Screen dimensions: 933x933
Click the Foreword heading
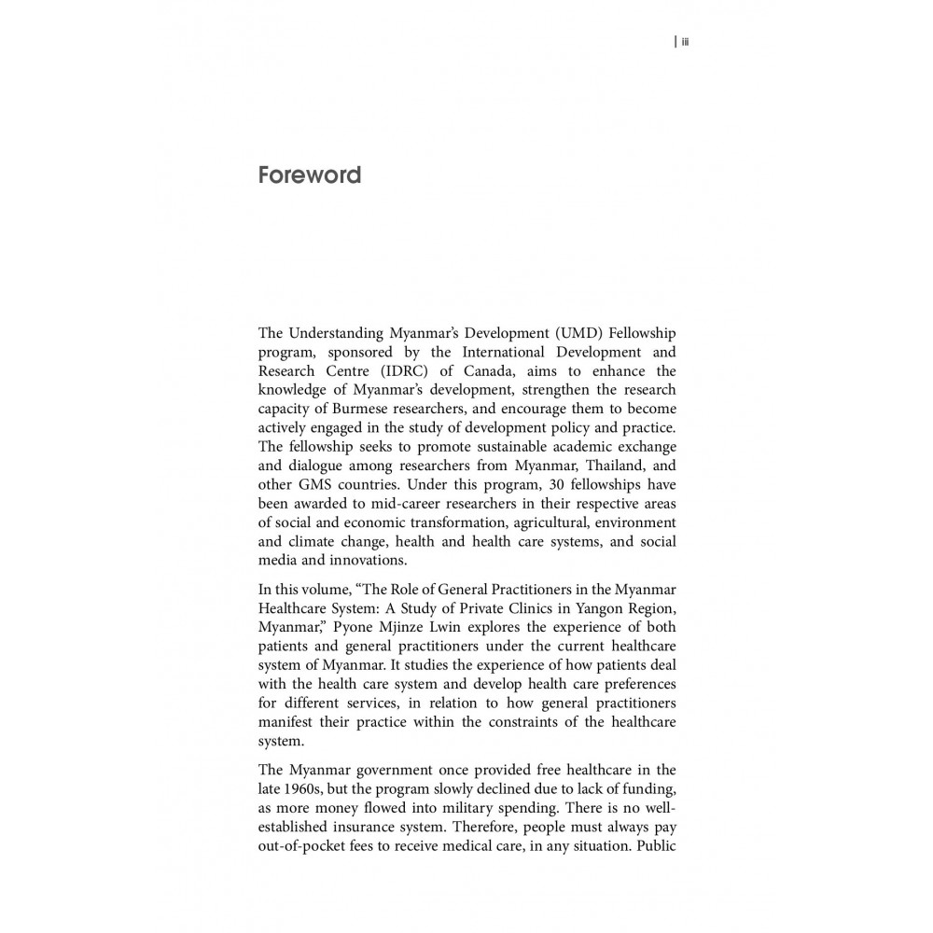coord(309,175)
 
